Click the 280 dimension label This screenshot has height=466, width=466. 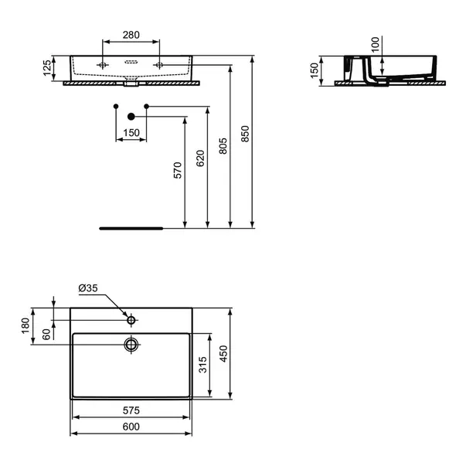[x=131, y=35]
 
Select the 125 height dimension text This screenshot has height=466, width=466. [x=47, y=68]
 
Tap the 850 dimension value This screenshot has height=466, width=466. [x=245, y=134]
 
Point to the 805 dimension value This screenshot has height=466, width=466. [x=223, y=146]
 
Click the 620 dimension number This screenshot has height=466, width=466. [x=200, y=158]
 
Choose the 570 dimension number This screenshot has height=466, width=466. [x=178, y=170]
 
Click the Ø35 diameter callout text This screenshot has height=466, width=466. [x=88, y=288]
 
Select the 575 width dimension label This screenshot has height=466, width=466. [x=131, y=410]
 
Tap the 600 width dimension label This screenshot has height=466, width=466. [x=131, y=427]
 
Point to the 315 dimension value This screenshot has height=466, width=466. [x=202, y=365]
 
